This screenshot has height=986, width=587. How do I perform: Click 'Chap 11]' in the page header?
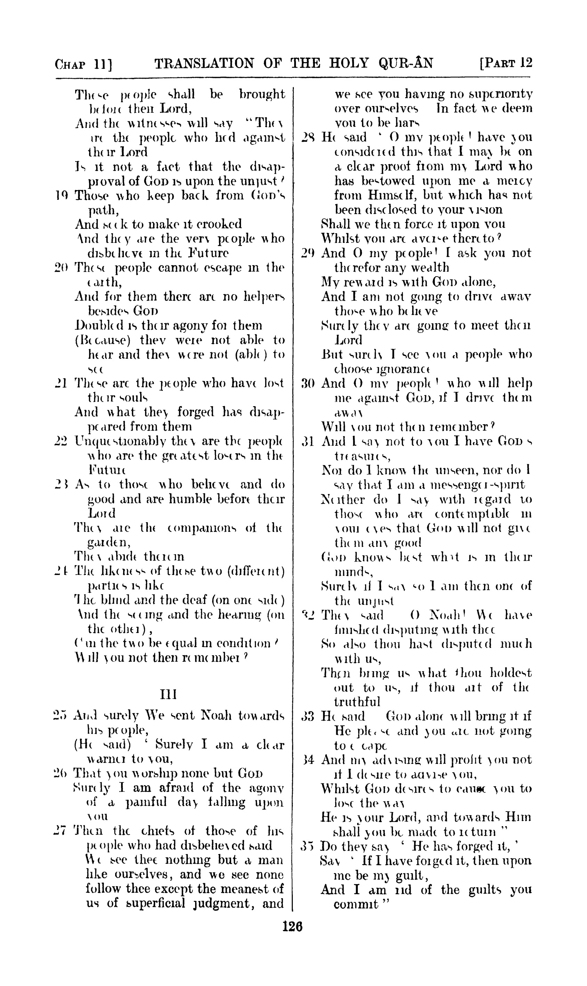(84, 64)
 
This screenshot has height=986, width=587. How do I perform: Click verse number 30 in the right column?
(308, 383)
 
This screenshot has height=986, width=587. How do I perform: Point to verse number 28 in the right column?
(308, 138)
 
